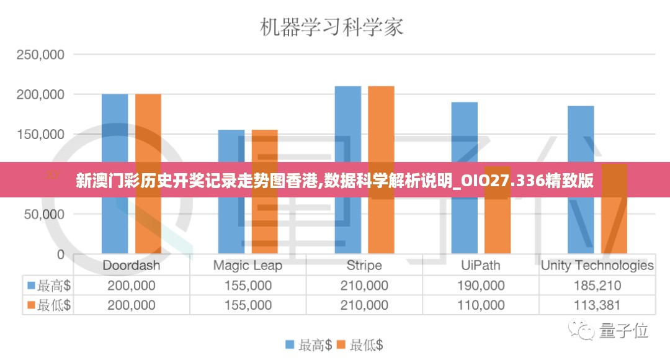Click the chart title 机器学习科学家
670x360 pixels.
pos(331,27)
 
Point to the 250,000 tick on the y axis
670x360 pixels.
pos(40,55)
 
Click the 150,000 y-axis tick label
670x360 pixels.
pos(40,135)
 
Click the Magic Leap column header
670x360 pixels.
pos(248,266)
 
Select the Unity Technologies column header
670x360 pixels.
pos(597,266)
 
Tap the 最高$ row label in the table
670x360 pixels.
pos(48,286)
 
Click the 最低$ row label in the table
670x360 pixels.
pos(48,305)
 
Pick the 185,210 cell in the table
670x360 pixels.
pos(597,286)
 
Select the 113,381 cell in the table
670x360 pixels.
pos(597,305)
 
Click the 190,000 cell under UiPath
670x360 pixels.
pos(481,286)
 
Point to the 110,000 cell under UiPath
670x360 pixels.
pos(481,305)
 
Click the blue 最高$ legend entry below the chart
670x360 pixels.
pos(309,345)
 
